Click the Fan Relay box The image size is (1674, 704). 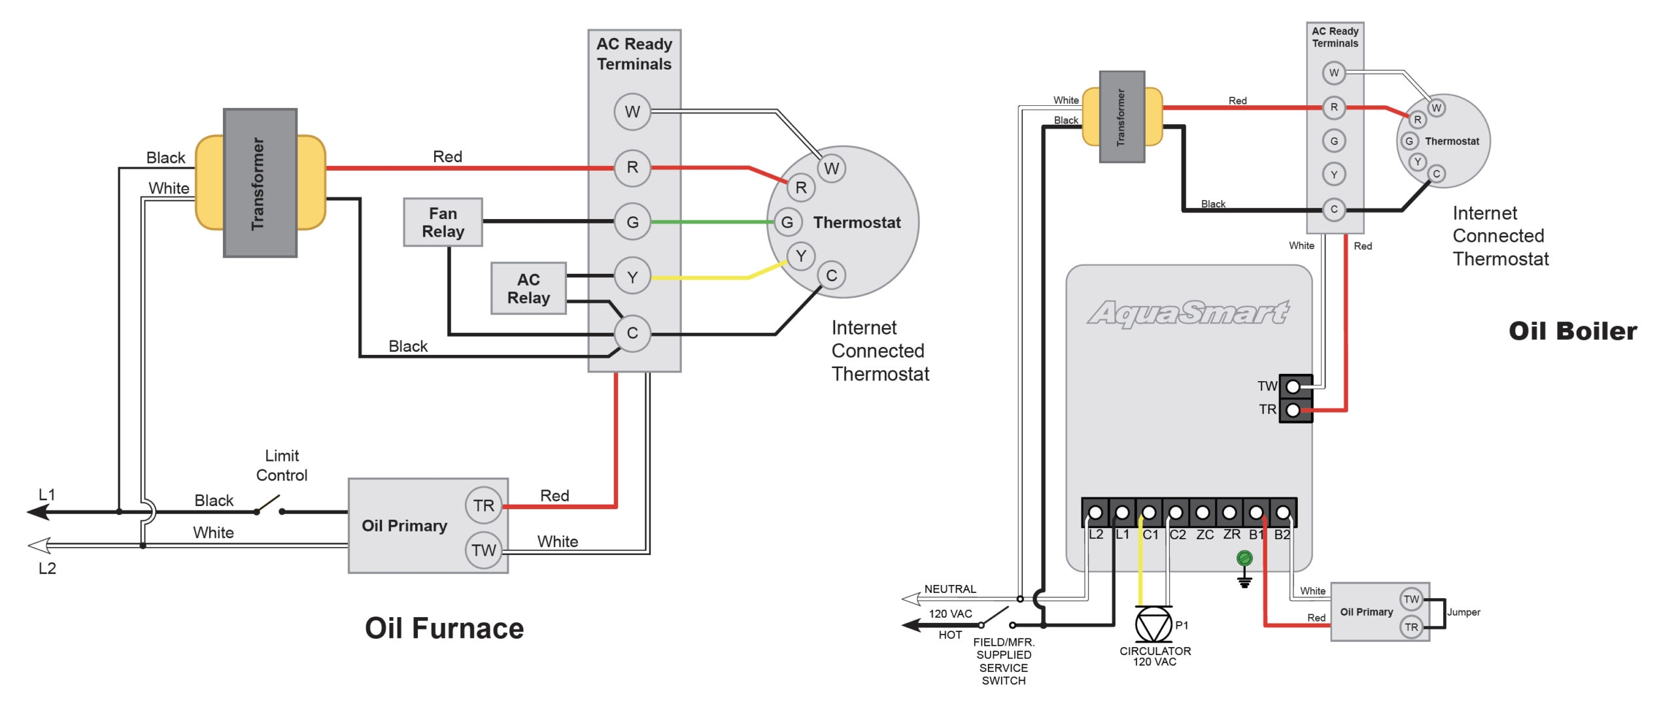[443, 222]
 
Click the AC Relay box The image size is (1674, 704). [528, 288]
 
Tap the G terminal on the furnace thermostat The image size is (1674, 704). [787, 222]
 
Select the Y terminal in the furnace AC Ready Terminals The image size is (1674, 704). [632, 277]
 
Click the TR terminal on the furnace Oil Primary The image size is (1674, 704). [484, 505]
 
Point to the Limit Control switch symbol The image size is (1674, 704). [269, 505]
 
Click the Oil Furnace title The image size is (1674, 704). [444, 628]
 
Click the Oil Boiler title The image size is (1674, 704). [1573, 331]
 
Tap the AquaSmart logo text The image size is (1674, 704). [1187, 313]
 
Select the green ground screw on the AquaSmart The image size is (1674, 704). [1244, 558]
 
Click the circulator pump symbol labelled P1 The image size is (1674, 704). [1153, 625]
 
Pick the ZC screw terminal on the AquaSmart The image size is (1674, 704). [1203, 512]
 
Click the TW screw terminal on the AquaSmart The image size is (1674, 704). [1293, 387]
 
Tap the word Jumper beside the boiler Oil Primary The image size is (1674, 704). [1463, 612]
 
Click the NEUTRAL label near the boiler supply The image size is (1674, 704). [949, 589]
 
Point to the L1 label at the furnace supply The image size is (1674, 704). [47, 495]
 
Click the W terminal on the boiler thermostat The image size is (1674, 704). [1436, 108]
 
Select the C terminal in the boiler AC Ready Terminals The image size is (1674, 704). [1334, 209]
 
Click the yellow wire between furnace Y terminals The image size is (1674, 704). [706, 278]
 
